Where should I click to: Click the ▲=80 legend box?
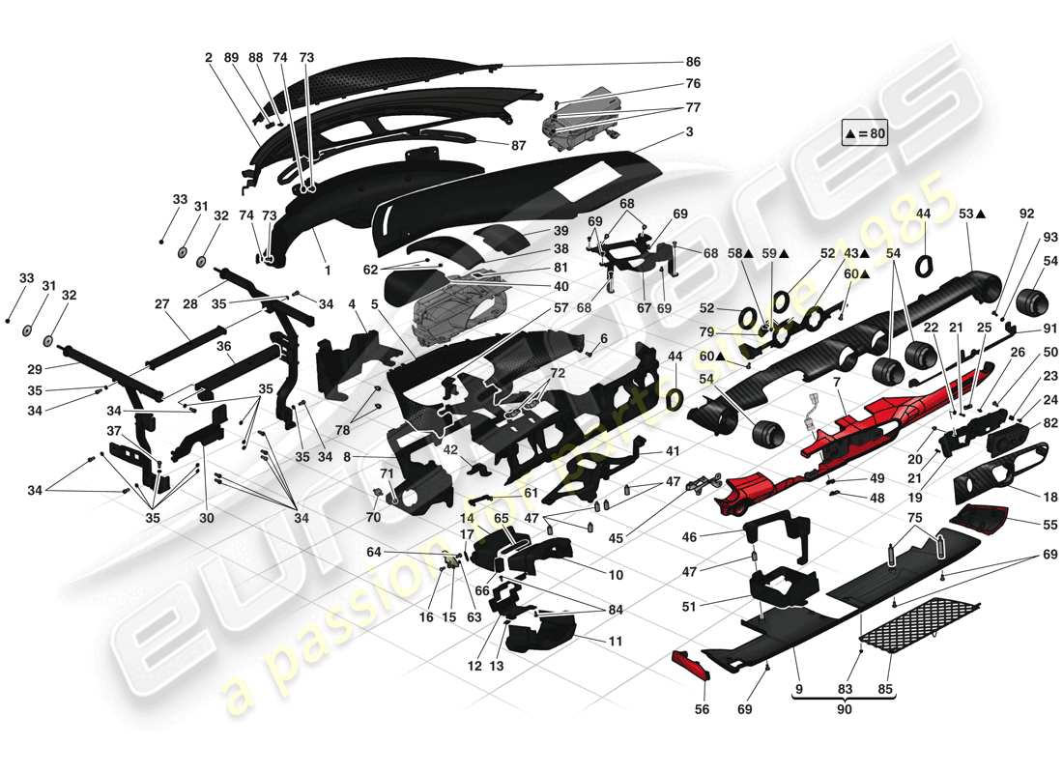tap(864, 134)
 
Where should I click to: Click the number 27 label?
tap(161, 303)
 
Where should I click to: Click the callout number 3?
tap(688, 131)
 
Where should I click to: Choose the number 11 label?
tap(615, 641)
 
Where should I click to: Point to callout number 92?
tap(1026, 213)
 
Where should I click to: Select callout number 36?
tap(222, 346)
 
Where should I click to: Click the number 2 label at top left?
tap(208, 58)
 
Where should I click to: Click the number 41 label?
tap(672, 451)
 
